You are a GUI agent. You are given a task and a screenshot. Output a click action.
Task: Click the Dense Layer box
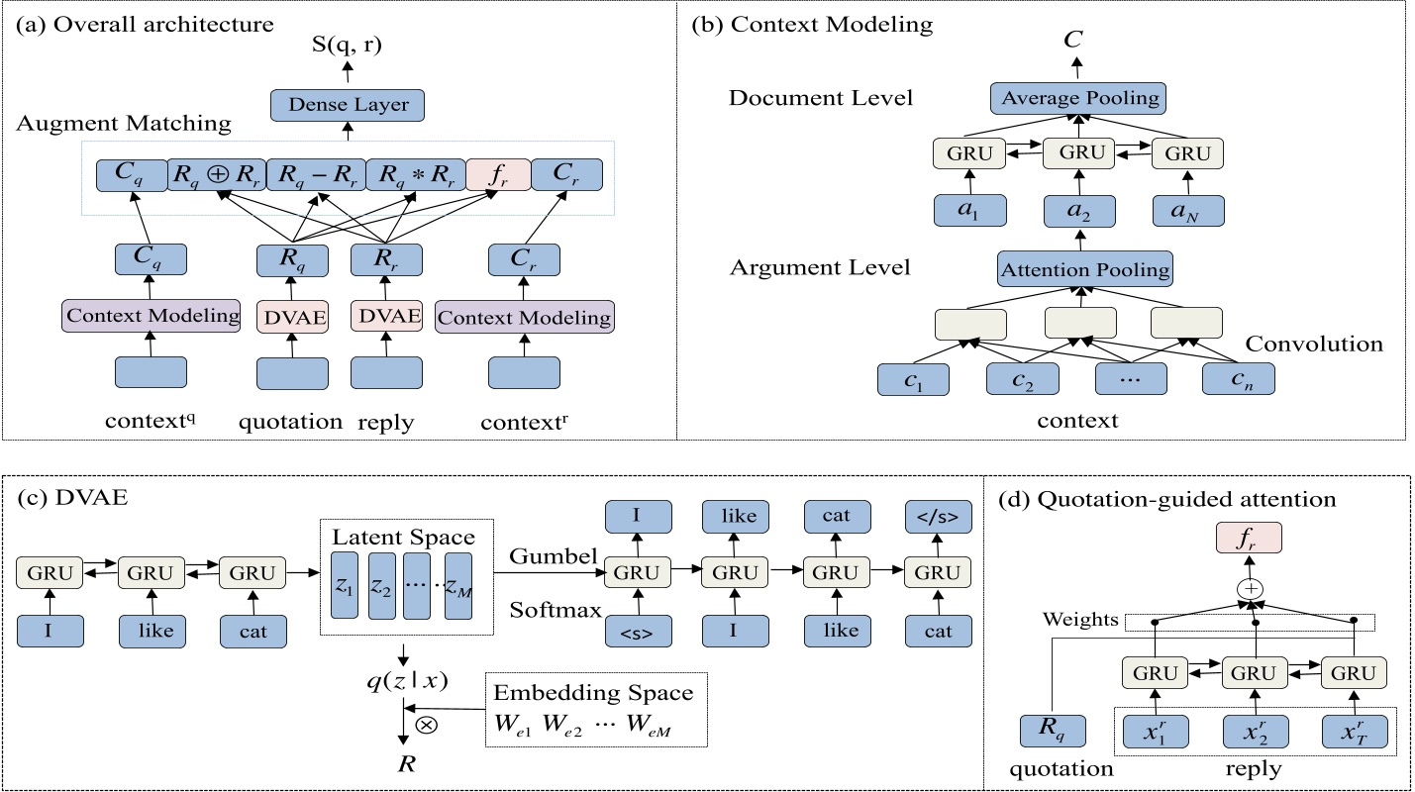[x=347, y=105]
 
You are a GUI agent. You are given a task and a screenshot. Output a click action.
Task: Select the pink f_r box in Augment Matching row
[x=497, y=175]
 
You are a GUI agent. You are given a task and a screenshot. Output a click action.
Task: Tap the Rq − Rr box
[x=315, y=175]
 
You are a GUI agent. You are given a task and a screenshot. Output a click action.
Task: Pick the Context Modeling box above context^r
[x=525, y=317]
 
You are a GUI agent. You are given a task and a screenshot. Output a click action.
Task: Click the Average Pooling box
[x=1079, y=99]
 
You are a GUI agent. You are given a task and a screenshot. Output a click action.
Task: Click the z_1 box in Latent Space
[x=344, y=586]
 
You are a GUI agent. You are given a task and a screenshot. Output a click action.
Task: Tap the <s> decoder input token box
[x=636, y=631]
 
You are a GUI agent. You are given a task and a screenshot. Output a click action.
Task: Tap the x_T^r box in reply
[x=1354, y=734]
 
